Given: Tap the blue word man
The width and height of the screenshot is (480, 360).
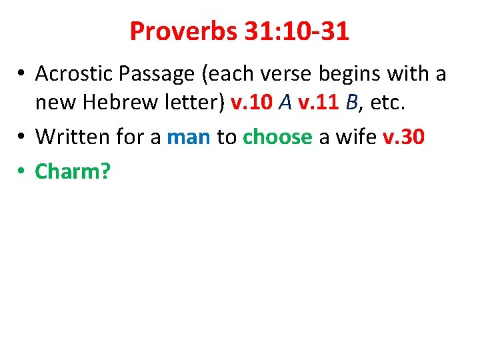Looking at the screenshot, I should (189, 137).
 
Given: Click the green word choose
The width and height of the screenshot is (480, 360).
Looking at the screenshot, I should (277, 137).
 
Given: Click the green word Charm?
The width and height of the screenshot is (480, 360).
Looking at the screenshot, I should (73, 171).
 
